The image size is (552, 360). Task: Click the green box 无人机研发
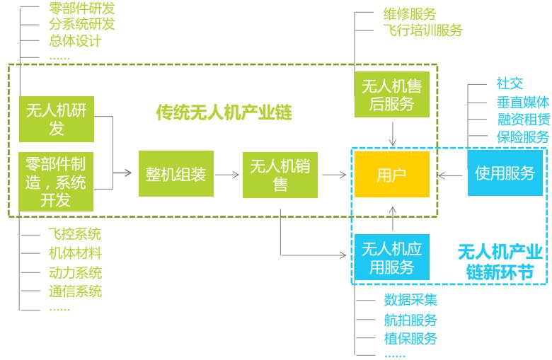[x=55, y=119]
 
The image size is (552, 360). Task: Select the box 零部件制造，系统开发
[x=55, y=182]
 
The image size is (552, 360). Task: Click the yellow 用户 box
[x=391, y=174]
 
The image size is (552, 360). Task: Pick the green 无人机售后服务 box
[x=391, y=95]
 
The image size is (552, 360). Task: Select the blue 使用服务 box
[x=505, y=173]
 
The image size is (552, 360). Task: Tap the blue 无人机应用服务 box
[x=391, y=257]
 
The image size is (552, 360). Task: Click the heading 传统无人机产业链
[x=224, y=112]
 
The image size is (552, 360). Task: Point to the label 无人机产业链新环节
[x=500, y=261]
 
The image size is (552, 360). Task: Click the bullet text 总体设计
[x=76, y=41]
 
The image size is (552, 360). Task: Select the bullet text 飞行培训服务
[x=422, y=30]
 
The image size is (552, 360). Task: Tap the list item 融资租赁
[x=523, y=119]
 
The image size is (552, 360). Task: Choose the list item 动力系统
[x=76, y=272]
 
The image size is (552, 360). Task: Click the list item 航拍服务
[x=411, y=320]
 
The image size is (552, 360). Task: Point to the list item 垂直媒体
[x=523, y=101]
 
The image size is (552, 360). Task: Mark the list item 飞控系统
[x=76, y=235]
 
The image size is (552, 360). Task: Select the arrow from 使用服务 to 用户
[x=450, y=174]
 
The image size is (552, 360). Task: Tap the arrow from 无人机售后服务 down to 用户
[x=391, y=133]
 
